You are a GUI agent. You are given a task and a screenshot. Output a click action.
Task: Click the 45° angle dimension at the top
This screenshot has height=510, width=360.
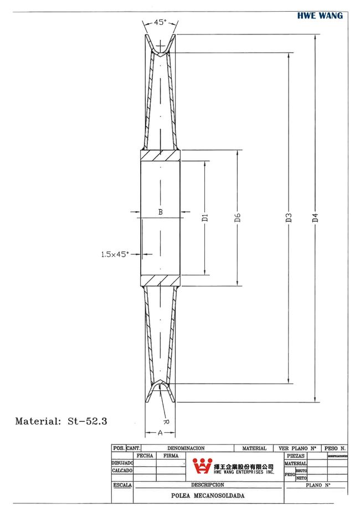(x=160, y=23)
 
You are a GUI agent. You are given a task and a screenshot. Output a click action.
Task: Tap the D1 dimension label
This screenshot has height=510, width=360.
(x=204, y=217)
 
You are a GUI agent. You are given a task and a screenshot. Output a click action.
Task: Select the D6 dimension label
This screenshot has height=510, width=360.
(x=237, y=217)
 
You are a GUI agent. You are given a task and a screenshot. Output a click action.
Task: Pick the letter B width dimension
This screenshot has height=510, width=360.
(x=160, y=212)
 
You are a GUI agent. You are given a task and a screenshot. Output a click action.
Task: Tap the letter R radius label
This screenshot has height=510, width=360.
(x=167, y=421)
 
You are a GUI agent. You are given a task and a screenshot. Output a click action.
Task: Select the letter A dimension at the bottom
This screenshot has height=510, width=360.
(x=160, y=432)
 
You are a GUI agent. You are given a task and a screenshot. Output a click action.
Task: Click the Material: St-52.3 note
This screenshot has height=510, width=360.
(x=61, y=421)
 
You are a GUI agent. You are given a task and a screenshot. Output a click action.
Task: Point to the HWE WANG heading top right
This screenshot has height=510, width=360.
(x=320, y=16)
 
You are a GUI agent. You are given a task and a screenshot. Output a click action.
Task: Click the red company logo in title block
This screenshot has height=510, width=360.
(x=202, y=466)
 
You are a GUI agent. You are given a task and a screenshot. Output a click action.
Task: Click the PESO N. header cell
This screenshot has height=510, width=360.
(x=336, y=448)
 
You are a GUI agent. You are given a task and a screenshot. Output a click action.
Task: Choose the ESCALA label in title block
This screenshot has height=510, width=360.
(x=122, y=484)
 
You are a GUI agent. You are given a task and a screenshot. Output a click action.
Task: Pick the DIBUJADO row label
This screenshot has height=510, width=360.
(x=122, y=463)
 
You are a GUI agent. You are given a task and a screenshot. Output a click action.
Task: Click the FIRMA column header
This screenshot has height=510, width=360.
(x=171, y=455)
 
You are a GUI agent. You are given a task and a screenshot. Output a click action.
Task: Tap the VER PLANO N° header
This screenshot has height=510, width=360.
(x=297, y=448)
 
